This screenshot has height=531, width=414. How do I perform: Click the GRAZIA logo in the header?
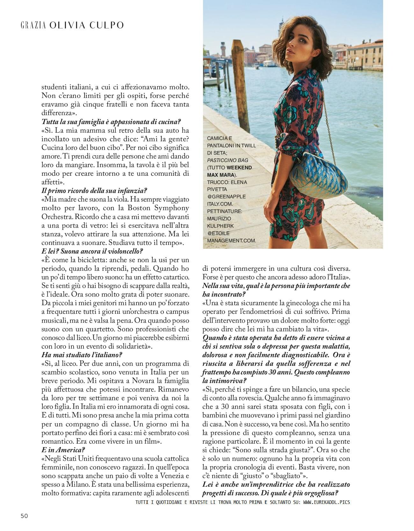click(x=33, y=26)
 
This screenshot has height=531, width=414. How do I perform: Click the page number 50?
click(x=24, y=516)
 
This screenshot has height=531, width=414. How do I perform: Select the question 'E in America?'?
click(x=63, y=450)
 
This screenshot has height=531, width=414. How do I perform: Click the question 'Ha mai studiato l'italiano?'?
click(x=82, y=355)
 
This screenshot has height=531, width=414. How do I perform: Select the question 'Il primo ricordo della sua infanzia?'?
click(x=94, y=191)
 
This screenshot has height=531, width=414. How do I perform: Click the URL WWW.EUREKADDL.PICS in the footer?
click(x=326, y=502)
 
